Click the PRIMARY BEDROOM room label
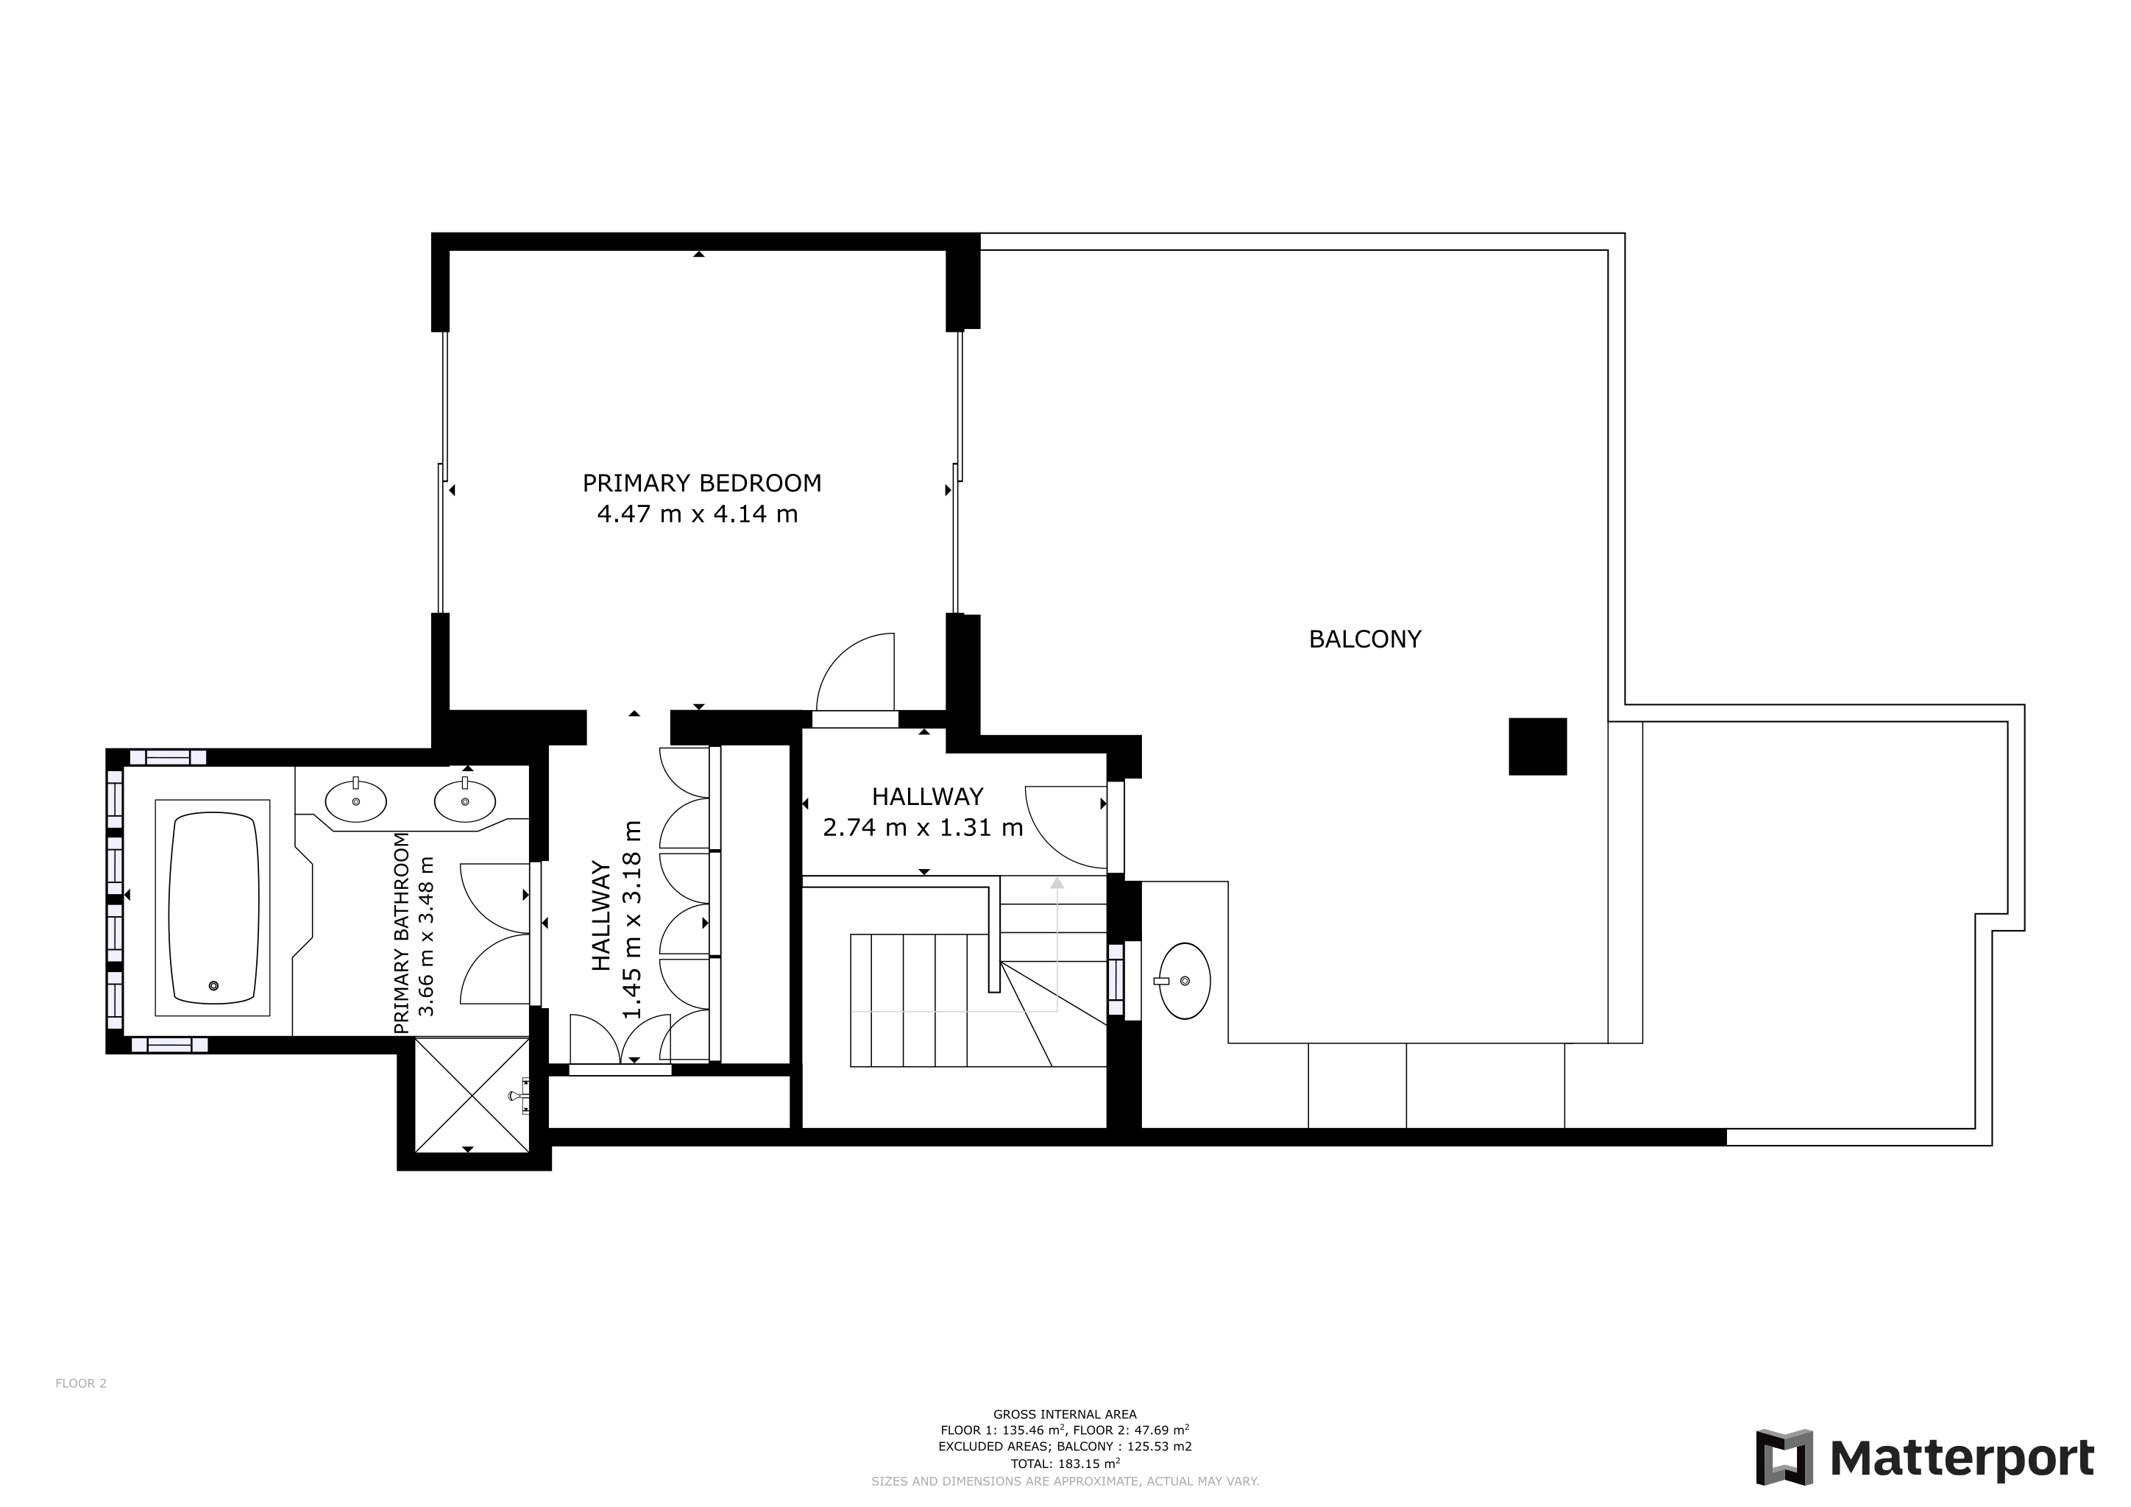702,483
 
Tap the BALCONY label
1364,639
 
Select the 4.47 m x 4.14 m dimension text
698,514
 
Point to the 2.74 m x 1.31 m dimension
923,827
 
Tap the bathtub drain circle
214,985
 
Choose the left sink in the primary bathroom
355,801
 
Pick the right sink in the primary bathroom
465,801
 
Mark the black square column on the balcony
1538,746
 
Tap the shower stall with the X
472,1096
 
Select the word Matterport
1962,1458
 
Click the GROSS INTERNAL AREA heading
1065,1414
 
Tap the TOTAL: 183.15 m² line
1065,1464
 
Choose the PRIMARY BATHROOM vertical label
401,934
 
